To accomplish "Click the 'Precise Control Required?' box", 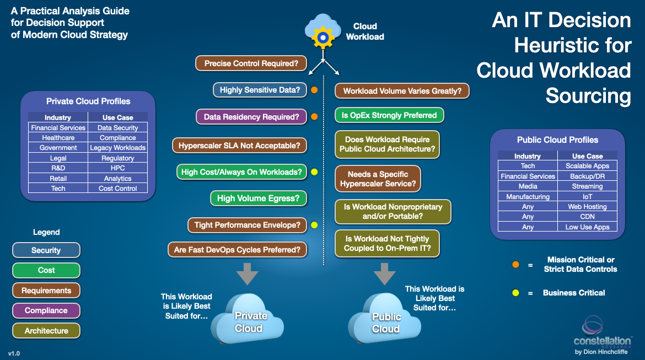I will click(251, 63).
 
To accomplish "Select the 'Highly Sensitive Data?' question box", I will click(260, 90).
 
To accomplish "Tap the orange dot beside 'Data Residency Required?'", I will click(314, 117).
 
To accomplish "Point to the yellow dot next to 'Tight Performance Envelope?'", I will click(314, 225).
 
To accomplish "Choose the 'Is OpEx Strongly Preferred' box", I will click(390, 115).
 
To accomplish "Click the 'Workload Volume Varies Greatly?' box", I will click(402, 91).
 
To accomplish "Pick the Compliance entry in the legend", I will click(46, 310).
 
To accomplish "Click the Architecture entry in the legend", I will click(46, 331).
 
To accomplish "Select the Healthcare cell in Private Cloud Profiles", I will click(58, 138).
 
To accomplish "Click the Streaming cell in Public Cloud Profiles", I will click(587, 186).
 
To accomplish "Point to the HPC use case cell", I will click(117, 168).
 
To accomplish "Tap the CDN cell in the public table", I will click(587, 217).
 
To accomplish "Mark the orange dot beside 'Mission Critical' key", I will click(515, 265).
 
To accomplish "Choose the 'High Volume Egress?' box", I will click(259, 198).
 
